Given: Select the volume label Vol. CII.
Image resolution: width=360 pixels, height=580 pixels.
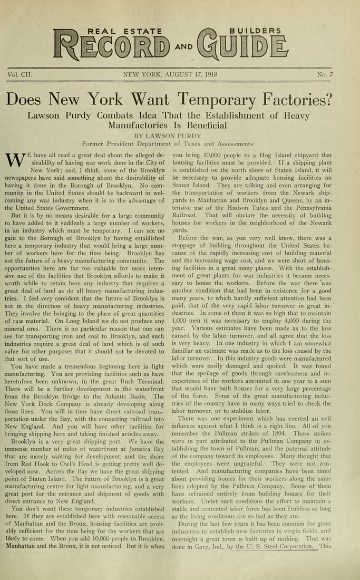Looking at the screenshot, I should (20, 75).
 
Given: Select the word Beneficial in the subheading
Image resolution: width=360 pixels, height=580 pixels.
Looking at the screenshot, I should (202, 125).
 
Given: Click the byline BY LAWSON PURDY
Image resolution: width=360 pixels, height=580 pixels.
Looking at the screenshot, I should (168, 136).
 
